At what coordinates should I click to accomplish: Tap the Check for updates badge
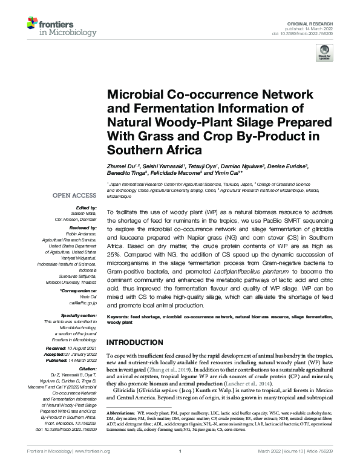point(324,55)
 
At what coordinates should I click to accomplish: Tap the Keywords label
point(120,316)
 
